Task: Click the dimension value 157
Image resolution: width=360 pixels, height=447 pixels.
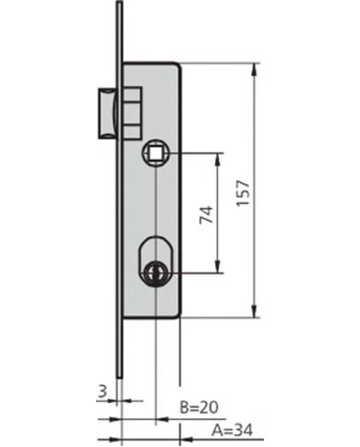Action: (243, 193)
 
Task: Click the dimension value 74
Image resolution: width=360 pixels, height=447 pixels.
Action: (207, 214)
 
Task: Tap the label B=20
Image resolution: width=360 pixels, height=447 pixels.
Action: (199, 407)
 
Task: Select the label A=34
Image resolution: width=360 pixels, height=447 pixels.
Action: (232, 429)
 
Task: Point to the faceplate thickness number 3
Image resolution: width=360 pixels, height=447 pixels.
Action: (102, 392)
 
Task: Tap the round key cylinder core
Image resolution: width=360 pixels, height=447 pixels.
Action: (156, 272)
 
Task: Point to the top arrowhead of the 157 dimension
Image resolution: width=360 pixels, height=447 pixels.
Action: (254, 69)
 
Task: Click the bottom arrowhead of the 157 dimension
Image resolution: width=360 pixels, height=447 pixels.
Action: (254, 311)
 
